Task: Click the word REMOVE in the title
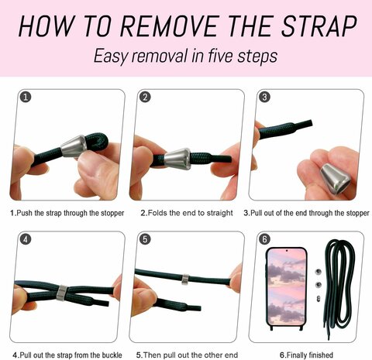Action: point(170,26)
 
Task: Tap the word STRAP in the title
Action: point(319,26)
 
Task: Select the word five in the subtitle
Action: point(220,56)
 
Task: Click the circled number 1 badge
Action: point(26,97)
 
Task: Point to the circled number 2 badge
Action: point(145,97)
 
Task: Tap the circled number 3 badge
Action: point(264,97)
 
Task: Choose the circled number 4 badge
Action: point(26,239)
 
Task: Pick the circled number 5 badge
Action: point(145,239)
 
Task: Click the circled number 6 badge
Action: point(264,239)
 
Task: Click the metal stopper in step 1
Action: point(74,146)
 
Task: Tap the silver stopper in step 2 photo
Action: point(177,159)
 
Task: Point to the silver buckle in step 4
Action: point(62,293)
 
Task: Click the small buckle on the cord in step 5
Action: point(185,279)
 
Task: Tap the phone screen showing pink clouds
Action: point(286,286)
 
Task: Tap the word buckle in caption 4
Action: point(112,355)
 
